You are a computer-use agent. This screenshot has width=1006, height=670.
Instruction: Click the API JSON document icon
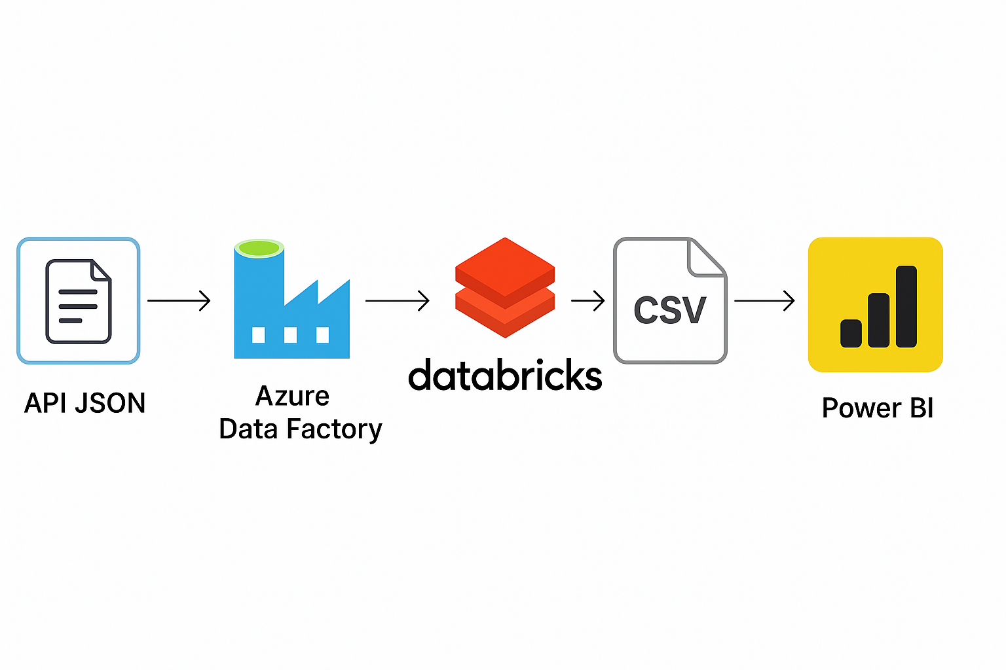coord(79,301)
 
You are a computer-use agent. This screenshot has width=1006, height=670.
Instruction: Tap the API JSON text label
coord(85,403)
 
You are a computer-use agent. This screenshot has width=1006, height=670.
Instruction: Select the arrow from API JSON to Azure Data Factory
coord(179,301)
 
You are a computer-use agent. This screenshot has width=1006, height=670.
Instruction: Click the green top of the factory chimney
coord(259,248)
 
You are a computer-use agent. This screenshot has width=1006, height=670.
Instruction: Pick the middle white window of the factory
coord(291,335)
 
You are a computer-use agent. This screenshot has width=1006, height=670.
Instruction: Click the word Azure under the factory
coord(292,397)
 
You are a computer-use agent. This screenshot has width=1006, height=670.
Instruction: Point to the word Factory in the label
coord(334,429)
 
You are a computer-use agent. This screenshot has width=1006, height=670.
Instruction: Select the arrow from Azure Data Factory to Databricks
coord(398,301)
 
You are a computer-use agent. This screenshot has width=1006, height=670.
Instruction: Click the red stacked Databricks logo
coord(505,288)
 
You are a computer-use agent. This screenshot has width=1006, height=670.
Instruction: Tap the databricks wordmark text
coord(505,375)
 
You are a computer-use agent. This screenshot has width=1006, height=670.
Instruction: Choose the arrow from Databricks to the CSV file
coord(588,301)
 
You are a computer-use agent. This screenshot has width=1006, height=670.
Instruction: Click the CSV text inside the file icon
coord(669,309)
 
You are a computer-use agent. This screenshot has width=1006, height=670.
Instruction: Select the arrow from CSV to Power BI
coord(764,301)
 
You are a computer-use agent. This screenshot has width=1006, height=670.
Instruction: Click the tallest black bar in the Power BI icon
coord(906,306)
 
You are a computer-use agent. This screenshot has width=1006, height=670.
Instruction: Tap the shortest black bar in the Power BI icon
coord(851,334)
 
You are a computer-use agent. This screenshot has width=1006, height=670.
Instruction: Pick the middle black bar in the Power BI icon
coord(878,321)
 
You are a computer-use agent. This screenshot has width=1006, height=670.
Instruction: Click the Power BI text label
coord(878,408)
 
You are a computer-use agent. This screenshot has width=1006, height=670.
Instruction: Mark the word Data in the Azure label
coord(248,429)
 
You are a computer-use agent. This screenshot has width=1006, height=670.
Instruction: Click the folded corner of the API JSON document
coord(100,270)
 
